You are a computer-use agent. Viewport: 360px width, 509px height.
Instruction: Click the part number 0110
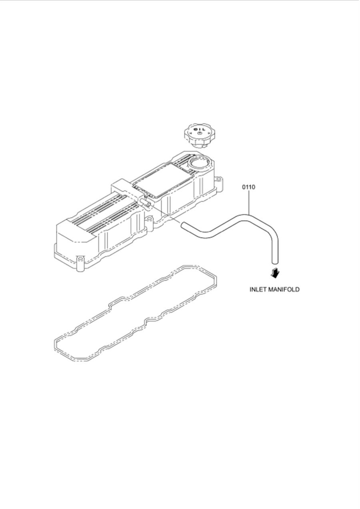click(248, 187)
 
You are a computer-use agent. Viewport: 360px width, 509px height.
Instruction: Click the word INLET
click(258, 289)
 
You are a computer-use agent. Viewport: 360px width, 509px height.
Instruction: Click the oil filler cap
click(196, 135)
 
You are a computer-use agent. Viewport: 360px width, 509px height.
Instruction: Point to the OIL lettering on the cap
click(199, 130)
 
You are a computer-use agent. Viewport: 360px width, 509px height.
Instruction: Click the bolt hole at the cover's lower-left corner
click(80, 260)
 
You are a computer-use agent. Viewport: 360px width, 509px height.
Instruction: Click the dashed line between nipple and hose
click(165, 214)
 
